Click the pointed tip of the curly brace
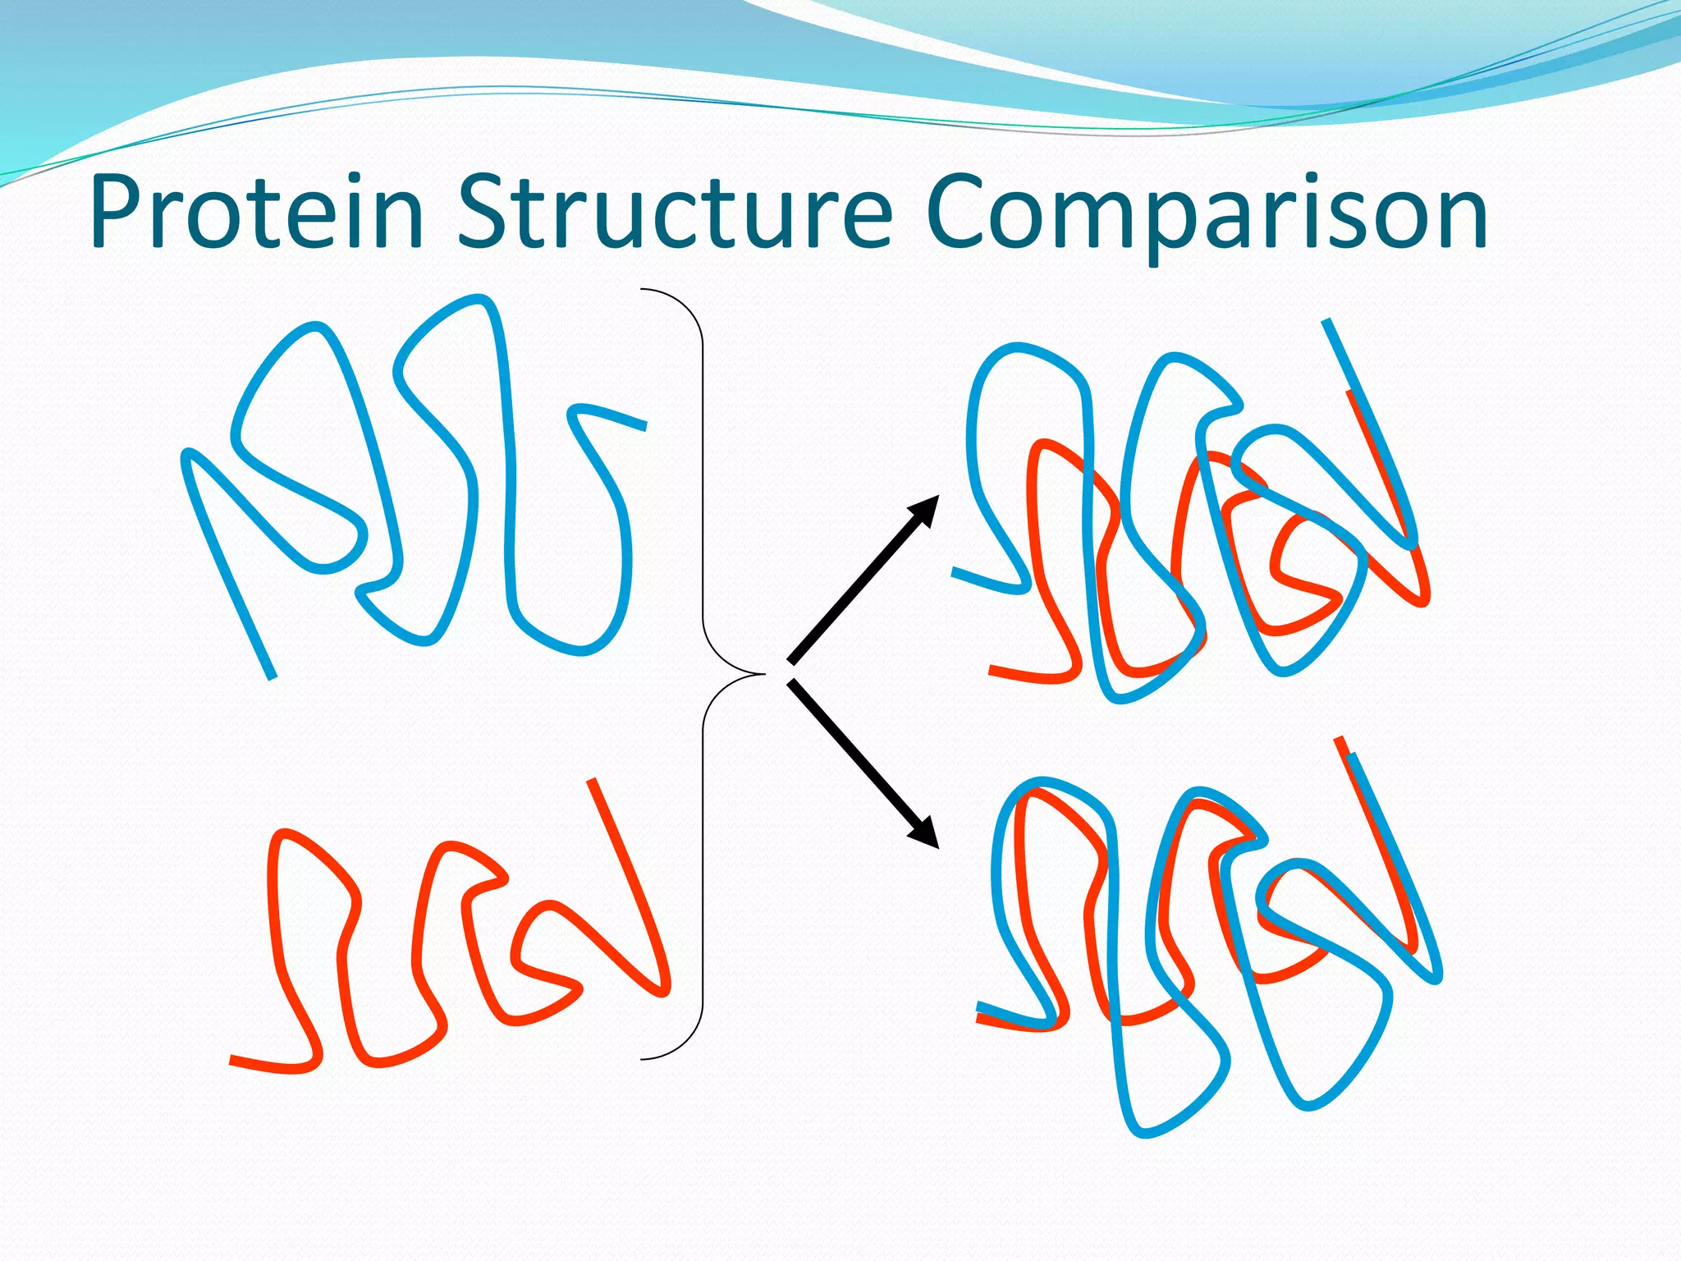763,674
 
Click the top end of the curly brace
643,289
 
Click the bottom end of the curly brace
643,1059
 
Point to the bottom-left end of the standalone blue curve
272,676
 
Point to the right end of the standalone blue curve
644,426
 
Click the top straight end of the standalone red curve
592,782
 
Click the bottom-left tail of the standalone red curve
233,1061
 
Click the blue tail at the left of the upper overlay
955,571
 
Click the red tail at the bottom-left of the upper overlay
992,671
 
